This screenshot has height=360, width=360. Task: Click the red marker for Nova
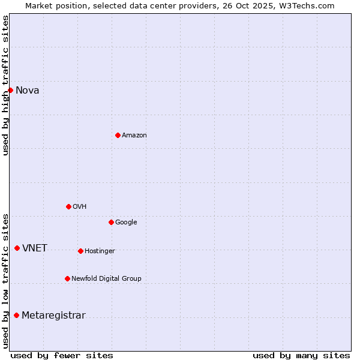[x=10, y=90]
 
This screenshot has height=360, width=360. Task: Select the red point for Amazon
[x=118, y=135]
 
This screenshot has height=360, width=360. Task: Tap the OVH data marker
[x=68, y=206]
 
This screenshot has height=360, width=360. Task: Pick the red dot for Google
[x=111, y=222]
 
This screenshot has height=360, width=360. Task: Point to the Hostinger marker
[x=80, y=251]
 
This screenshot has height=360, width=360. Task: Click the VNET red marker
[x=17, y=248]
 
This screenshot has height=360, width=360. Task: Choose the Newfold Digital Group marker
[x=67, y=278]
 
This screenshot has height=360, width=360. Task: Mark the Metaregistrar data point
[x=16, y=315]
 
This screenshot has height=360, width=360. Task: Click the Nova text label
[x=28, y=91]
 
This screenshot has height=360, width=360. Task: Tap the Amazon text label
[x=134, y=136]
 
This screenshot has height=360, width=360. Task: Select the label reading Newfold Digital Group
[x=106, y=278]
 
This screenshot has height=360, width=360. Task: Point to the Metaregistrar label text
[x=53, y=316]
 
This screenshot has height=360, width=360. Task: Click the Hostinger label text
[x=100, y=251]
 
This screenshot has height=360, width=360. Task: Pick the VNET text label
[x=35, y=248]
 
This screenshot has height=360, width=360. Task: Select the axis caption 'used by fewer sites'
[x=62, y=355]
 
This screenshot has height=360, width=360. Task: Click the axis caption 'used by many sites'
[x=301, y=355]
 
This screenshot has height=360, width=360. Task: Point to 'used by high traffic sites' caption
[x=6, y=85]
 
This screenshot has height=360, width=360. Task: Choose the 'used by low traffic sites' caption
[x=6, y=281]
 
